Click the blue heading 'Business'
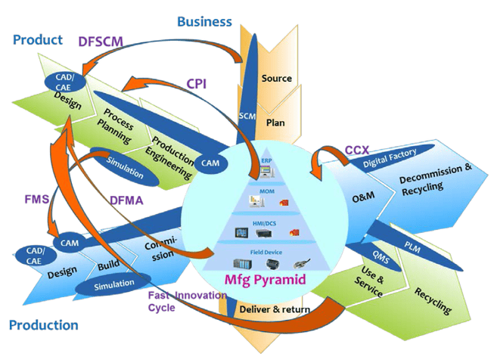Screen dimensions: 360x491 coord(204,21)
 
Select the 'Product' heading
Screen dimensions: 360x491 coord(36,39)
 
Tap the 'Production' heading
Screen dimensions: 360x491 coord(43,325)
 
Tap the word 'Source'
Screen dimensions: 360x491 coord(276,79)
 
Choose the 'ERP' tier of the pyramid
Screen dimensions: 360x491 coord(266,161)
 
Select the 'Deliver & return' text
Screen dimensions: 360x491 coord(274,310)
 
